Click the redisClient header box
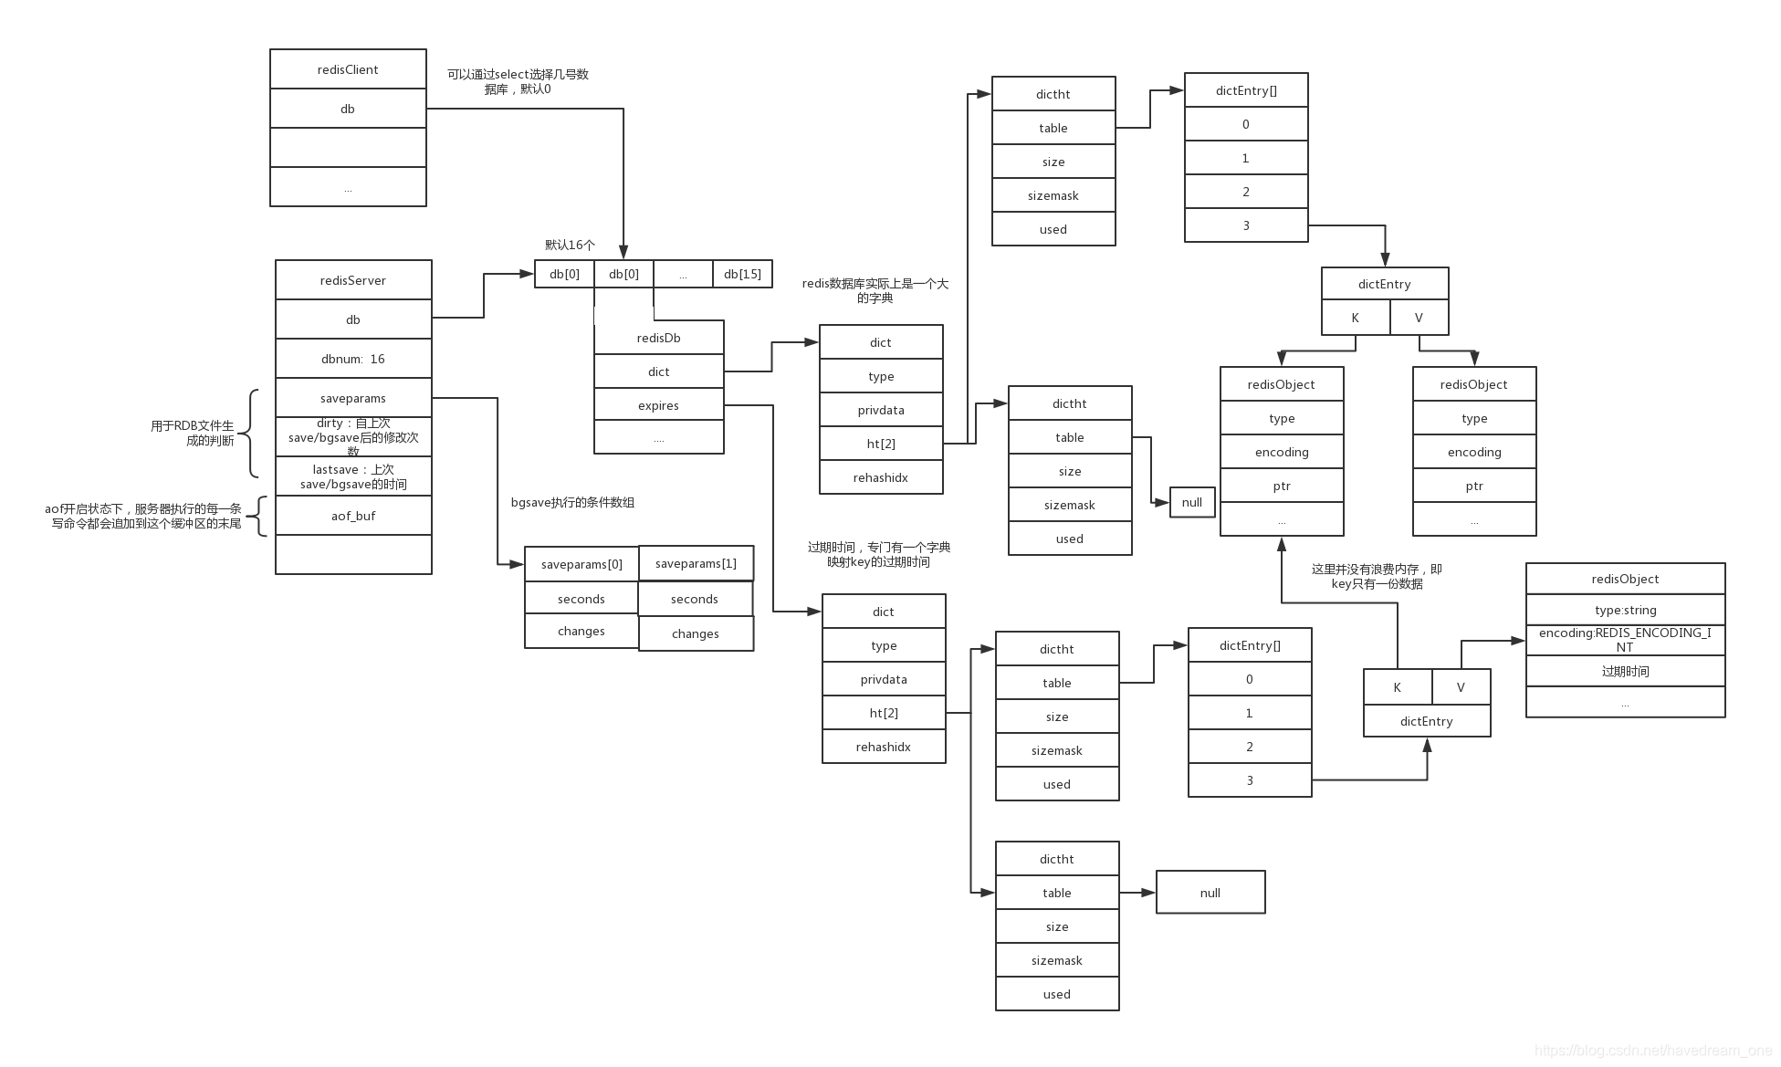(348, 69)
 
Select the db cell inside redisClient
(348, 109)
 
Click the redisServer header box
(353, 280)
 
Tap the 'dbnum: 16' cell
(353, 359)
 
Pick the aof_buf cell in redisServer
(353, 516)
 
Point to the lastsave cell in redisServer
(353, 476)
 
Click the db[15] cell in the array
(742, 274)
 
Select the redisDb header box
(658, 338)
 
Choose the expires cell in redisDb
(658, 405)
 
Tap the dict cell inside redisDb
(658, 371)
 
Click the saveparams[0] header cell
(581, 564)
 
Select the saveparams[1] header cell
(696, 563)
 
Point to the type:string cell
(1625, 610)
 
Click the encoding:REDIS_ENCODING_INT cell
(1625, 639)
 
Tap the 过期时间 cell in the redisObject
(1625, 671)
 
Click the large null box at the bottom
(1210, 893)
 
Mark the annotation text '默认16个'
(570, 245)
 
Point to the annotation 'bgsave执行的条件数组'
(572, 502)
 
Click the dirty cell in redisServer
(353, 437)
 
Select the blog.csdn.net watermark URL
(1652, 1051)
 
